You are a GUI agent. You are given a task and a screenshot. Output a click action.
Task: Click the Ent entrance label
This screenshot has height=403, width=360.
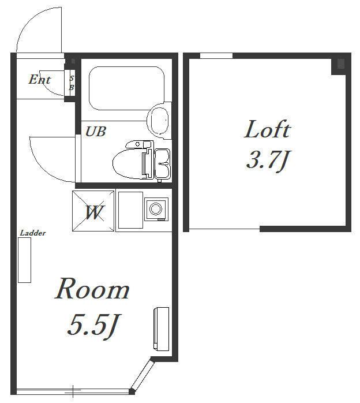pos(40,79)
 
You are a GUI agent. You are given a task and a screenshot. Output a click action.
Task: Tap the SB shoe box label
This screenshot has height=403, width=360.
pos(72,83)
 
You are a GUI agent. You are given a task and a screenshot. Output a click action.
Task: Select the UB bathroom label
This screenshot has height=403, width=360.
pos(96,132)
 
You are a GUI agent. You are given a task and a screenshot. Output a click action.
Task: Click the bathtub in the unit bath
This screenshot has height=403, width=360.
pos(126,88)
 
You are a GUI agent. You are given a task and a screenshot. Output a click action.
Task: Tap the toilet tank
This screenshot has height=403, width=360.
pos(162,163)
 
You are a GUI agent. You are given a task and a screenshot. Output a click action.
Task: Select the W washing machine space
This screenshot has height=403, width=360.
pos(93,211)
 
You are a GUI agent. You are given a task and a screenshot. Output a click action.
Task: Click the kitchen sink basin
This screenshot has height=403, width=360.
pos(130,210)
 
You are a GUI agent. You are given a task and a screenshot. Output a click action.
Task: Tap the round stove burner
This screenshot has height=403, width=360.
pos(156,208)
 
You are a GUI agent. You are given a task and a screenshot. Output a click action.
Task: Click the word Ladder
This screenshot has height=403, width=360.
pos(33,233)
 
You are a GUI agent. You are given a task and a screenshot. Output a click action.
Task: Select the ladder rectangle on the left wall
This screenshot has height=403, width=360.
pos(24,260)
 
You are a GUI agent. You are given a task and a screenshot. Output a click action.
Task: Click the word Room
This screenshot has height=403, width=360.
pos(92,289)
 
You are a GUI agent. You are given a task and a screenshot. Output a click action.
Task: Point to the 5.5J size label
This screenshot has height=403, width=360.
pos(93,326)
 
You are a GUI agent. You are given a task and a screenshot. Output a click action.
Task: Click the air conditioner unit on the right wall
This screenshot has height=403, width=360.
pos(162,329)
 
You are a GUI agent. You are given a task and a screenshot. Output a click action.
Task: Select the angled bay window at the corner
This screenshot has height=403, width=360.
pos(142,375)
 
